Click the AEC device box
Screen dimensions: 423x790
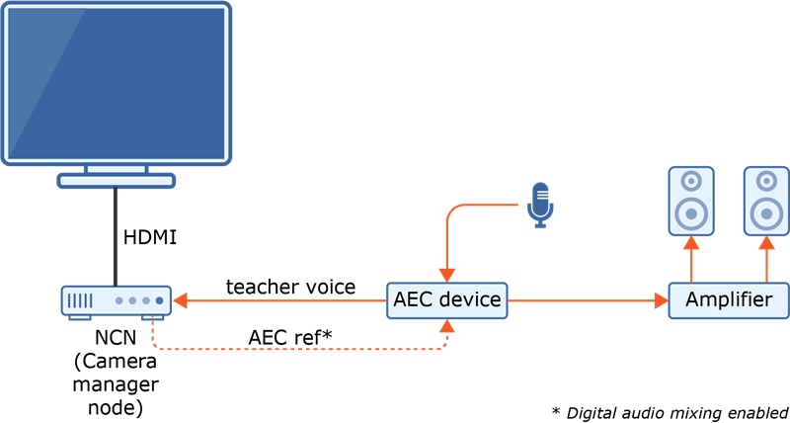pyautogui.click(x=446, y=300)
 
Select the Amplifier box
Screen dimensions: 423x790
pyautogui.click(x=729, y=300)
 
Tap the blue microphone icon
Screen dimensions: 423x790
pyautogui.click(x=539, y=204)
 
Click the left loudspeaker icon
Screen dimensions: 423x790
pyautogui.click(x=691, y=201)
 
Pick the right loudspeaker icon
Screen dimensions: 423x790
pyautogui.click(x=766, y=201)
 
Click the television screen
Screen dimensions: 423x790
pyautogui.click(x=117, y=81)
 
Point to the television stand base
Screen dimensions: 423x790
pyautogui.click(x=117, y=180)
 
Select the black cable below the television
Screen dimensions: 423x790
pyautogui.click(x=117, y=237)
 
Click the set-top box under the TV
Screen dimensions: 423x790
pyautogui.click(x=117, y=300)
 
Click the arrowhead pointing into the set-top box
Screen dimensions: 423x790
pyautogui.click(x=181, y=300)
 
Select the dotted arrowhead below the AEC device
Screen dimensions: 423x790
pyautogui.click(x=446, y=327)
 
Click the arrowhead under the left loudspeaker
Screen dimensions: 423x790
pyautogui.click(x=691, y=243)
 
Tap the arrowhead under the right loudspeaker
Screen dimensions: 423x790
pyautogui.click(x=766, y=243)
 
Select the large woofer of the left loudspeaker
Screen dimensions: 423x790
pyautogui.click(x=691, y=212)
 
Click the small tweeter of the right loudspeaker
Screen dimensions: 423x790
pyautogui.click(x=766, y=182)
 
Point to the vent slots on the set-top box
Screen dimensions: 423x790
pyautogui.click(x=81, y=300)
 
